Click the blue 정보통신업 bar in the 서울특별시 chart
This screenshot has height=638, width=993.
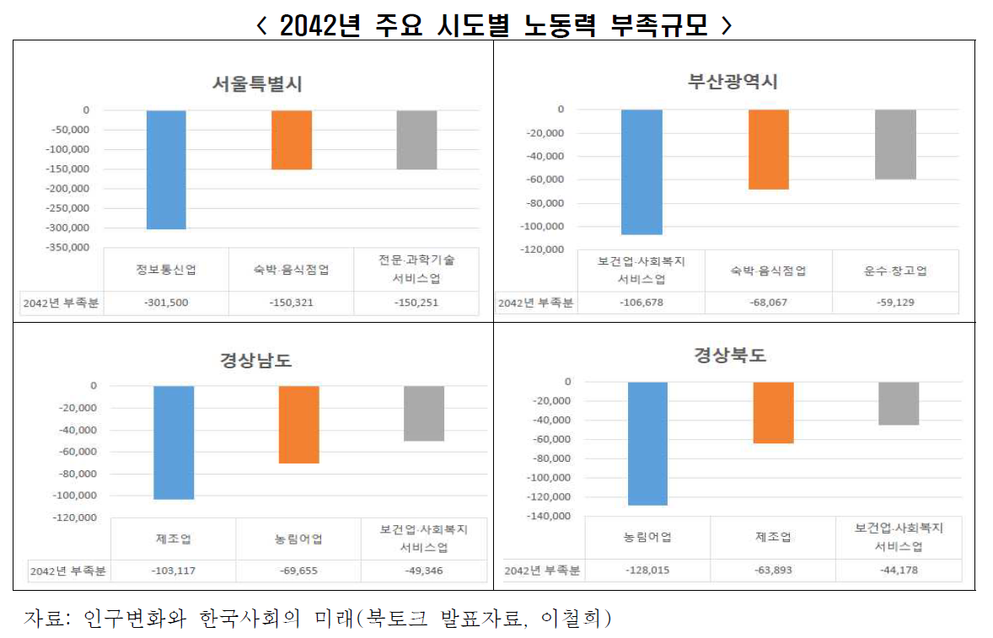click(x=166, y=169)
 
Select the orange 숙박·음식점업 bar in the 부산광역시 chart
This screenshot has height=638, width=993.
click(x=769, y=149)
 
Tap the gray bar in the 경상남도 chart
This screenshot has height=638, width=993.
click(x=424, y=413)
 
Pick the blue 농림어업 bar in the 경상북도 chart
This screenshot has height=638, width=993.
click(x=648, y=443)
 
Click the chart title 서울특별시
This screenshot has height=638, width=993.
click(x=257, y=84)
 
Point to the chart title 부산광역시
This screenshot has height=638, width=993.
click(x=733, y=83)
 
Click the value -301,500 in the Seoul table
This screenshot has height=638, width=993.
click(x=166, y=303)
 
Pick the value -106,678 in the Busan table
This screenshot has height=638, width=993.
click(x=641, y=303)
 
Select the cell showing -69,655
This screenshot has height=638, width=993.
click(x=299, y=571)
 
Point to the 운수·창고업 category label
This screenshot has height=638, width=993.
click(x=895, y=271)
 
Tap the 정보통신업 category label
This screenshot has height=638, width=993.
click(x=166, y=270)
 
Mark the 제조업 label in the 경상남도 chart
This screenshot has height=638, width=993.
click(x=173, y=539)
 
